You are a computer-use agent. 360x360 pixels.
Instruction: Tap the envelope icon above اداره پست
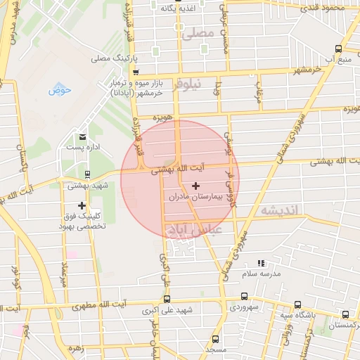click(x=83, y=136)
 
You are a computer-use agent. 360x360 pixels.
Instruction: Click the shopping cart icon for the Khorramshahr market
click(x=136, y=71)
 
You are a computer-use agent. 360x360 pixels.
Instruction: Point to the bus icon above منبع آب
click(x=339, y=49)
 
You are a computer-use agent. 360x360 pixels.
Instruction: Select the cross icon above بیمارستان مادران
click(x=195, y=186)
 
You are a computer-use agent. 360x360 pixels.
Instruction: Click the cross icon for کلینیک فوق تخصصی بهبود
click(x=82, y=205)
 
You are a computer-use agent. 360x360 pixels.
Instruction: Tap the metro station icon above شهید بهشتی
click(x=87, y=174)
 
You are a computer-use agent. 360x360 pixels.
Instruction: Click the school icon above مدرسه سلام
click(x=262, y=262)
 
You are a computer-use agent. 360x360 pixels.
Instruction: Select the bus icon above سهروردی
click(x=244, y=296)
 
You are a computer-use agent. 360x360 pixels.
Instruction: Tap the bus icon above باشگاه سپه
click(x=298, y=304)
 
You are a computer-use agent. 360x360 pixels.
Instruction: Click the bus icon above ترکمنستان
click(x=345, y=314)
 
